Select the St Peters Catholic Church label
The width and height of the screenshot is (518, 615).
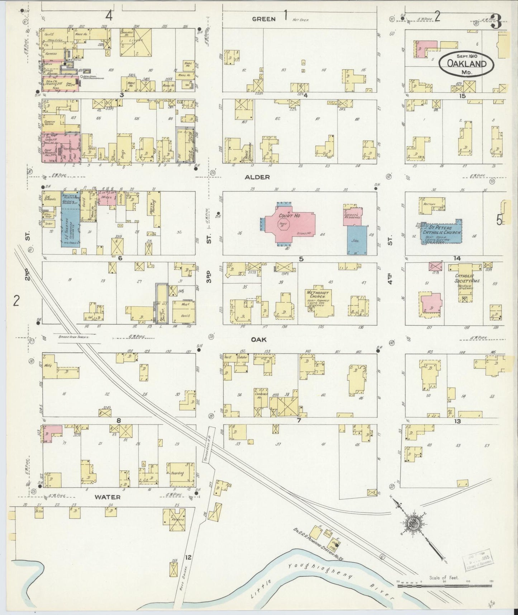(442, 230)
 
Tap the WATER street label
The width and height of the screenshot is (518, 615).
(108, 497)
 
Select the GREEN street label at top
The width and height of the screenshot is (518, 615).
(263, 19)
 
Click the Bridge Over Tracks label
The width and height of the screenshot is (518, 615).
(74, 337)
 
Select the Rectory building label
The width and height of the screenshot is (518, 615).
(429, 204)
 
